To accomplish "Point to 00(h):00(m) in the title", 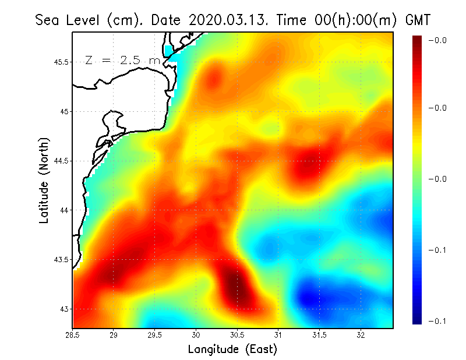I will click(345, 20).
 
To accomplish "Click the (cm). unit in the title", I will click(126, 20).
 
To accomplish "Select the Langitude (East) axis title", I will click(232, 350).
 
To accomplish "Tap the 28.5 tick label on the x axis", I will click(73, 335).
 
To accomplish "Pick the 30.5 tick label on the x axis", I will click(237, 335).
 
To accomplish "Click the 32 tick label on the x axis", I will click(361, 335).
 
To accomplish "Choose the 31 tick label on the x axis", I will click(278, 335).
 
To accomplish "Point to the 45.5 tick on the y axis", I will click(61, 62).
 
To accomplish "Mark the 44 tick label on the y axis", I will click(64, 210).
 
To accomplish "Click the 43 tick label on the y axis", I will click(64, 309).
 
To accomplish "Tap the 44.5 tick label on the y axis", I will click(61, 161).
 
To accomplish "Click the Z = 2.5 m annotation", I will click(122, 61).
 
